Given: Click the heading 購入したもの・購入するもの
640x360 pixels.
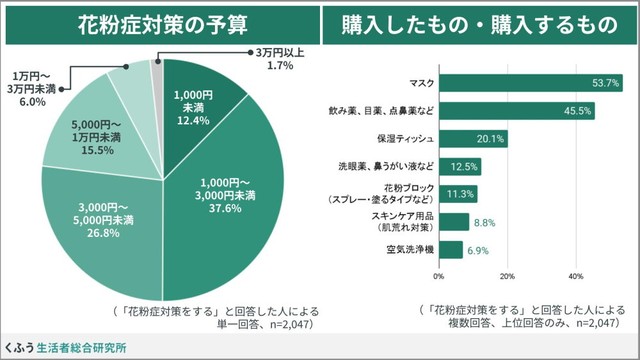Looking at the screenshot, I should click(479, 24).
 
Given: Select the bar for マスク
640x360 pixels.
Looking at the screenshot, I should click(530, 82).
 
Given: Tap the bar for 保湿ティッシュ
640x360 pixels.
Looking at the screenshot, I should click(473, 138).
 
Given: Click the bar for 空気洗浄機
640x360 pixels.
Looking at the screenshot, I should click(450, 249).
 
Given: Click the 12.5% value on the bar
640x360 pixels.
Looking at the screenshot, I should click(465, 166).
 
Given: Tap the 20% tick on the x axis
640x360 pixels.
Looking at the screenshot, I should click(507, 275).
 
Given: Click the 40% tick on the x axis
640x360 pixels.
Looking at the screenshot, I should click(575, 275).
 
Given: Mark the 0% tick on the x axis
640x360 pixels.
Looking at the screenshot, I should click(439, 275).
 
